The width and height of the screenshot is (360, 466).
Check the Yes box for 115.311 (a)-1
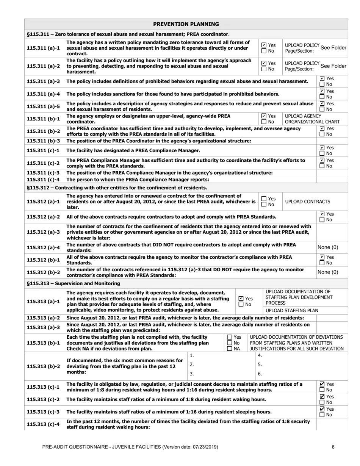264,45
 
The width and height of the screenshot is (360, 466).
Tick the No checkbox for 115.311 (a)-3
322,84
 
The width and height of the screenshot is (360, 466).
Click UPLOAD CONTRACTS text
307,202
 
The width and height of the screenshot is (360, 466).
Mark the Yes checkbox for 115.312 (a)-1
264,199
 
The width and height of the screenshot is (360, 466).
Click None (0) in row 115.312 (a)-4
328,247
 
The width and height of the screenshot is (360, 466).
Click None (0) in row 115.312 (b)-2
328,272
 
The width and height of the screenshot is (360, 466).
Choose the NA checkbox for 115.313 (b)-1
230,349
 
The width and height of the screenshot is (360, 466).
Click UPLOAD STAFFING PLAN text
292,310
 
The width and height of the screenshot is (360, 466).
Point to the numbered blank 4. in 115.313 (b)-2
260,356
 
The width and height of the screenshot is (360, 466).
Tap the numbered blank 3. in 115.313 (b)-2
192,374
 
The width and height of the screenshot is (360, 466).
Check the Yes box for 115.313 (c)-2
322,397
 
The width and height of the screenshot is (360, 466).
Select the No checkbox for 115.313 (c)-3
322,415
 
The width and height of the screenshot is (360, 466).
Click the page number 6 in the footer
333,447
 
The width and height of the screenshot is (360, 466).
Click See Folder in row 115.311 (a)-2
333,66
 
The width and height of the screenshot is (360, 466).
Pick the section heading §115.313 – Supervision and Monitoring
74,283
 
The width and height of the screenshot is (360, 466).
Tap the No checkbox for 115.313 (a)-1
241,304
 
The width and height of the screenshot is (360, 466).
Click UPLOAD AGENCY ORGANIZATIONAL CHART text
312,119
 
